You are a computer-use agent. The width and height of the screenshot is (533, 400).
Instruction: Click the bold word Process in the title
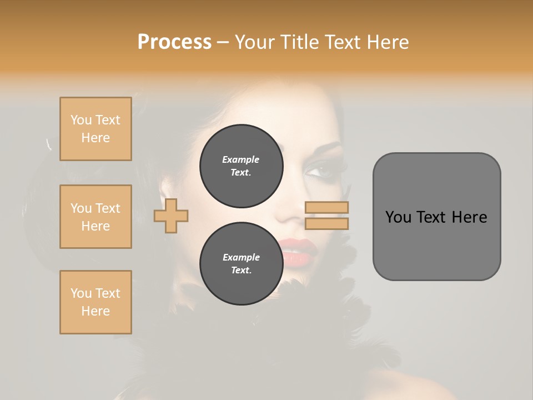(x=174, y=42)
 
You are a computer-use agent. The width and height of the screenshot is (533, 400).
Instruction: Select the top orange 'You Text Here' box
(x=95, y=129)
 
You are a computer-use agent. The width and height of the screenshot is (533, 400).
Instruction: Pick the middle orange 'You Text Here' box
(x=95, y=217)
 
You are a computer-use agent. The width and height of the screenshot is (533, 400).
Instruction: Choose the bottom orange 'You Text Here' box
(x=95, y=302)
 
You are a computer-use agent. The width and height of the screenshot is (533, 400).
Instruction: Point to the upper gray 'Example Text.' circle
(x=241, y=166)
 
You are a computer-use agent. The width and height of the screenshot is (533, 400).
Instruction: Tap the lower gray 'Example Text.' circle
(x=241, y=263)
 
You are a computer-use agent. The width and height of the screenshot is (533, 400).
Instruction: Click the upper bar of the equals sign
(x=326, y=208)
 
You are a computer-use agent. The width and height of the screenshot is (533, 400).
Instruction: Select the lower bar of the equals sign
(x=326, y=223)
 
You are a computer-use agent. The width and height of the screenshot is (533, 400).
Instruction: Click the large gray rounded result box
(x=436, y=217)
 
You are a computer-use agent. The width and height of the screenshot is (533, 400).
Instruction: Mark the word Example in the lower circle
(x=241, y=257)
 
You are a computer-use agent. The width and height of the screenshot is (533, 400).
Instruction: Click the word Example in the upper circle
(x=241, y=159)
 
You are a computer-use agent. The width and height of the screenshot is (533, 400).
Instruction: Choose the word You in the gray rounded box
(x=398, y=217)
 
